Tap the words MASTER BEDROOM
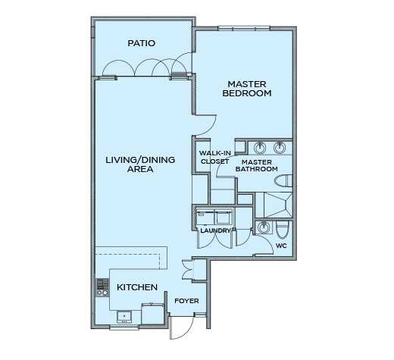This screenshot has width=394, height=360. (x=247, y=89)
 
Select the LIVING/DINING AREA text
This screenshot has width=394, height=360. (x=140, y=164)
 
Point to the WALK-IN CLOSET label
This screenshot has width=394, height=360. (x=215, y=157)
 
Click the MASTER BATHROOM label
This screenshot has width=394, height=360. (x=257, y=165)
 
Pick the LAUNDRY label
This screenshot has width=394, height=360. (x=215, y=230)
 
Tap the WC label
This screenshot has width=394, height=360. (x=281, y=246)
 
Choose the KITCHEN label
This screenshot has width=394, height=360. (x=137, y=287)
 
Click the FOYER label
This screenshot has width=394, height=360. (x=186, y=301)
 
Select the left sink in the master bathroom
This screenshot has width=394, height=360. (x=260, y=148)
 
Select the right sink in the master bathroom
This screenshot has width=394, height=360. (x=280, y=148)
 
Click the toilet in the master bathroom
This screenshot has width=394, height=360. (x=283, y=181)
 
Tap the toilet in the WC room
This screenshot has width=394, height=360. (x=282, y=230)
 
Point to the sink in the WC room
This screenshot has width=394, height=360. (x=264, y=227)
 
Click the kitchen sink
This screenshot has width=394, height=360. (x=124, y=317)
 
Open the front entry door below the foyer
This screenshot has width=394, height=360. (x=182, y=327)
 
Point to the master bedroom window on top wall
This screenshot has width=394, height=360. (x=244, y=28)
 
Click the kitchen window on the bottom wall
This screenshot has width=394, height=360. (x=124, y=327)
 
